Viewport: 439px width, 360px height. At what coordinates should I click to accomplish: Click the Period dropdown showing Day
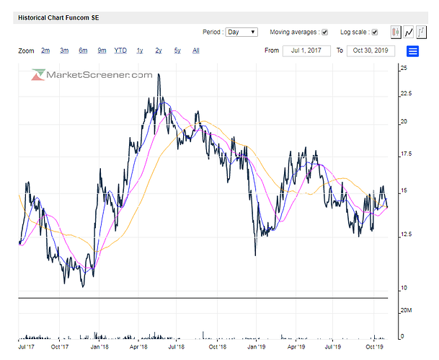(x=241, y=32)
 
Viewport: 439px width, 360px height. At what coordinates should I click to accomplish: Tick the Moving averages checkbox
(x=324, y=32)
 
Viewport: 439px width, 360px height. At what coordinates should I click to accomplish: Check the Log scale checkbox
(x=375, y=32)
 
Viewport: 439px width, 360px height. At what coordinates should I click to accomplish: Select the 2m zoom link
(x=45, y=51)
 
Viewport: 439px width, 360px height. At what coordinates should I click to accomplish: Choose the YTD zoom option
(x=120, y=51)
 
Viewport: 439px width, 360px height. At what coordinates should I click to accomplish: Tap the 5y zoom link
(x=177, y=51)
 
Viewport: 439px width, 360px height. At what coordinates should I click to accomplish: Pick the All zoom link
(x=196, y=51)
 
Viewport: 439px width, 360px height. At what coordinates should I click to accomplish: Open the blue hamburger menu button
(x=413, y=51)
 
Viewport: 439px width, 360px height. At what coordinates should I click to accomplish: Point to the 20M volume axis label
(x=407, y=310)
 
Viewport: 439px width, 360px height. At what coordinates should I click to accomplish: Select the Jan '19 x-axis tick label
(x=257, y=346)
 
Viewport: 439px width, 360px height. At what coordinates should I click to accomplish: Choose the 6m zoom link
(x=83, y=51)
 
